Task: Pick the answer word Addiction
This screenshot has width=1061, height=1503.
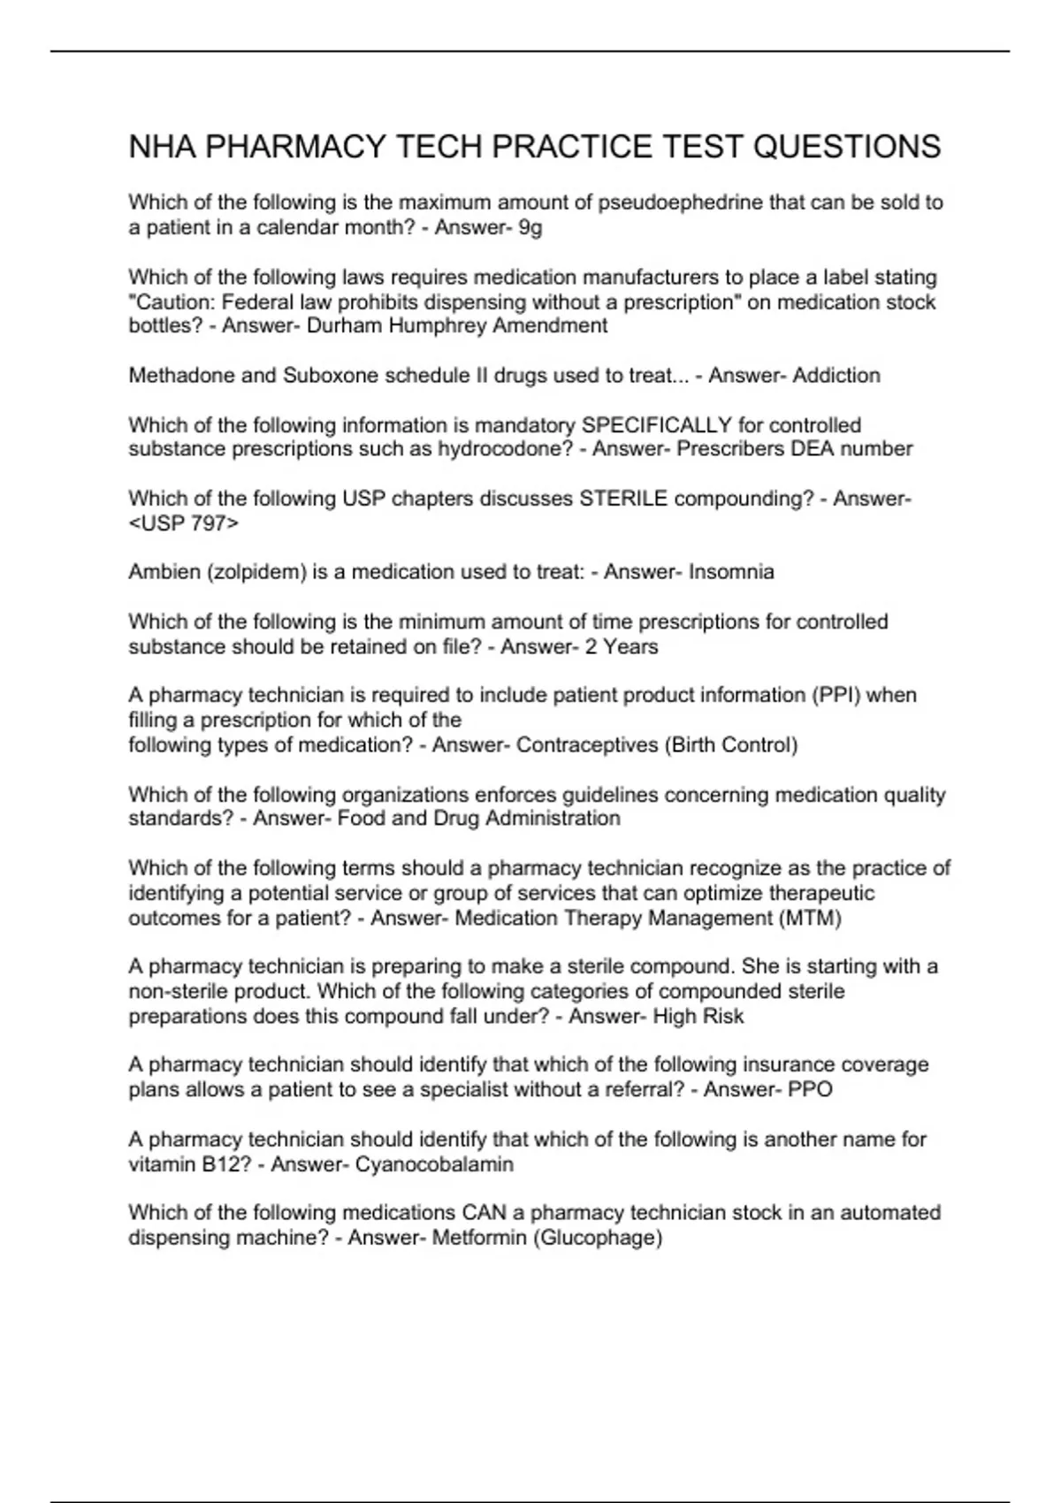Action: tap(836, 376)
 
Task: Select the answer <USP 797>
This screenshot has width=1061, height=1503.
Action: tap(184, 523)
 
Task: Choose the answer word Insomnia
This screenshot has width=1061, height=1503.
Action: tap(731, 572)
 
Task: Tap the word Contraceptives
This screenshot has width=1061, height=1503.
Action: tap(585, 744)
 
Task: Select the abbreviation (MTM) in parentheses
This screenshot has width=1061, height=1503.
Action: tap(810, 918)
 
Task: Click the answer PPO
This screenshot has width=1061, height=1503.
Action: tap(810, 1089)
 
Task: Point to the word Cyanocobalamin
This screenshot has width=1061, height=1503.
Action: tap(434, 1163)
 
